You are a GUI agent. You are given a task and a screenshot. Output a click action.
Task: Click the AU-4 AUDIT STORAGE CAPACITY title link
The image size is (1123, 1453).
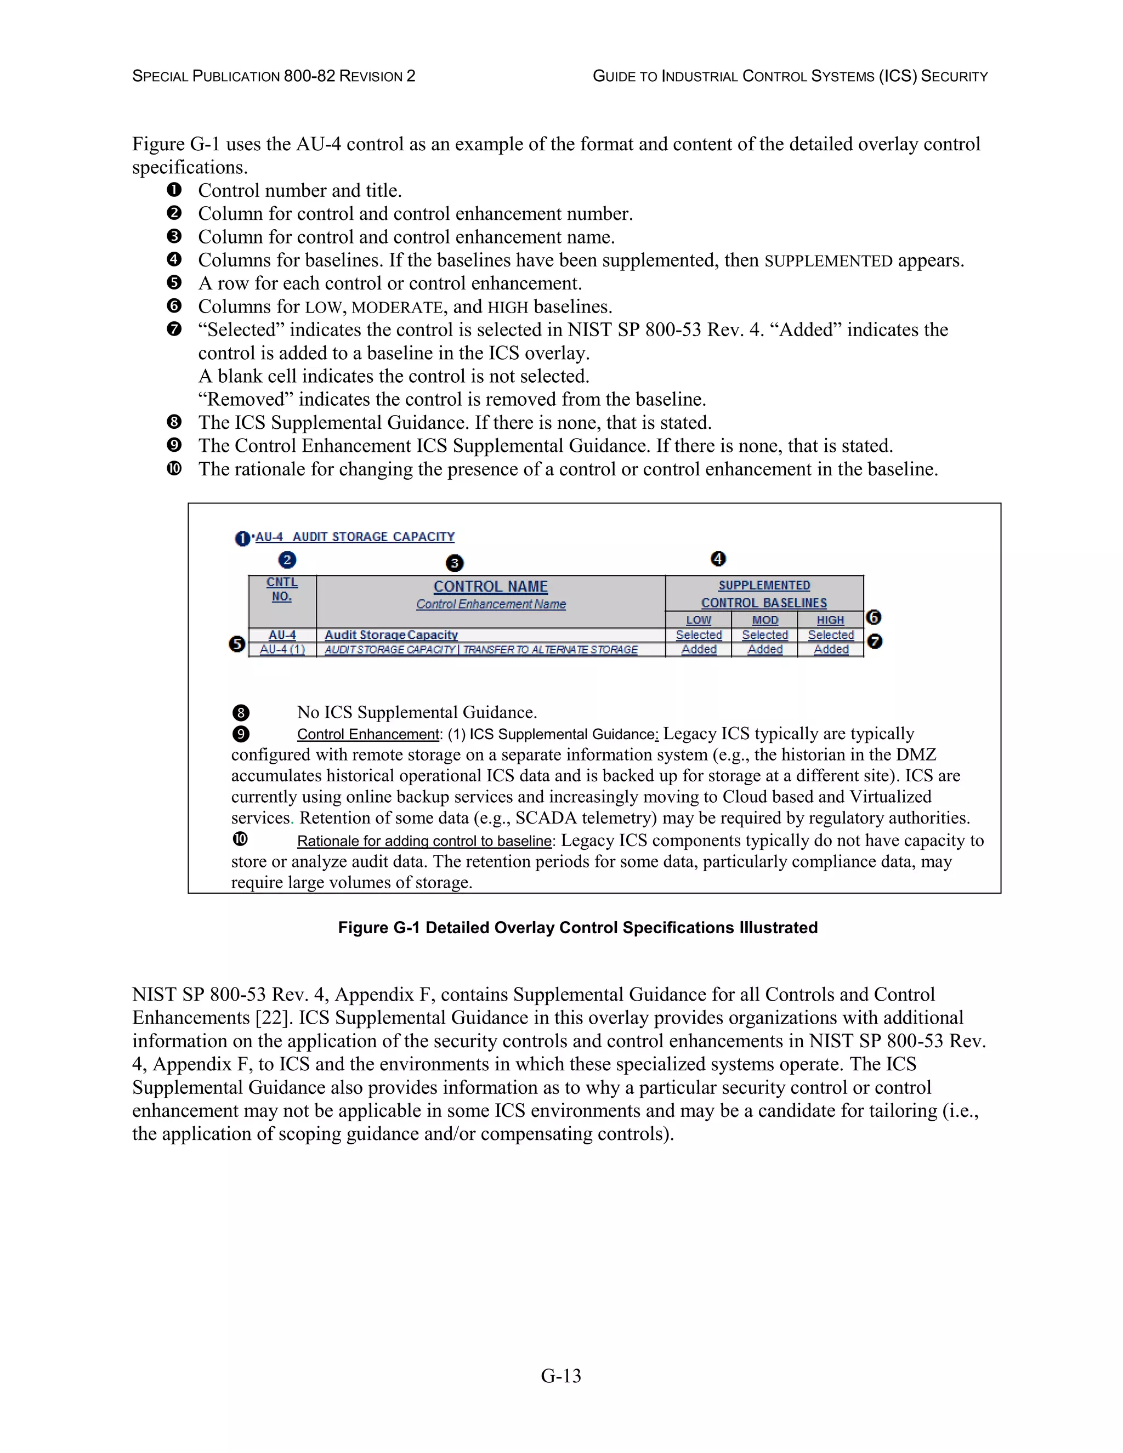coord(355,537)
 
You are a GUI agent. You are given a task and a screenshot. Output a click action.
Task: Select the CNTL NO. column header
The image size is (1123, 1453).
coord(282,589)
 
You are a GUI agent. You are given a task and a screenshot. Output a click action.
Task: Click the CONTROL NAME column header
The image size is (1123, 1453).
coord(490,587)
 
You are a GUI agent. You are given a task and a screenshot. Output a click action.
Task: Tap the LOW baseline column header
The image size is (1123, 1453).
coord(699,620)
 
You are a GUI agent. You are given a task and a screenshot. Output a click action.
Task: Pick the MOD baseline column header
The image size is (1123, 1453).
coord(765,620)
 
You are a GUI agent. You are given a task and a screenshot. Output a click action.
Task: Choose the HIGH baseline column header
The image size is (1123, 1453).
coord(830,620)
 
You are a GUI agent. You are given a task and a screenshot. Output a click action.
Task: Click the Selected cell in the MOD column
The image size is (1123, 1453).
coord(765,635)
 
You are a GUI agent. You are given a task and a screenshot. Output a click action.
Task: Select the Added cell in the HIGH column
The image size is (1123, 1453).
coord(831,649)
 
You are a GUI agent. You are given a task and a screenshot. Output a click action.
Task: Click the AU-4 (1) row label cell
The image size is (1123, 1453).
coord(282,649)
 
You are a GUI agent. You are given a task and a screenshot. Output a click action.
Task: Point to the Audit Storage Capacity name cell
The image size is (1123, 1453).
coord(391,635)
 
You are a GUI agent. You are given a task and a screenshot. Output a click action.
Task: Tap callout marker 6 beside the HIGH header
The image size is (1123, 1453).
coord(874,617)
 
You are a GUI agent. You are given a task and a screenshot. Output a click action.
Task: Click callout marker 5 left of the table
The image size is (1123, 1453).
coord(237,644)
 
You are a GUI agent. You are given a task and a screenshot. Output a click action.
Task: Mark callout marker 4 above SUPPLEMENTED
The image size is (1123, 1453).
coord(718,559)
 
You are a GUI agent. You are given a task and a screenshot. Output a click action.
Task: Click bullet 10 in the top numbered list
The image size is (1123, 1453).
coord(174,469)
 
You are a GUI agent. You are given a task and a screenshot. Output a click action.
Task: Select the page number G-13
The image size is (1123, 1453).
coord(561,1376)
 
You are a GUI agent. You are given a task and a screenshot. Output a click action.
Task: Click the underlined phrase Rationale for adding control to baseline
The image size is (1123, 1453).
coord(424,841)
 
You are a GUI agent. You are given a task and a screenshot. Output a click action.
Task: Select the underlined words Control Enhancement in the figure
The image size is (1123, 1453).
coord(368,735)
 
